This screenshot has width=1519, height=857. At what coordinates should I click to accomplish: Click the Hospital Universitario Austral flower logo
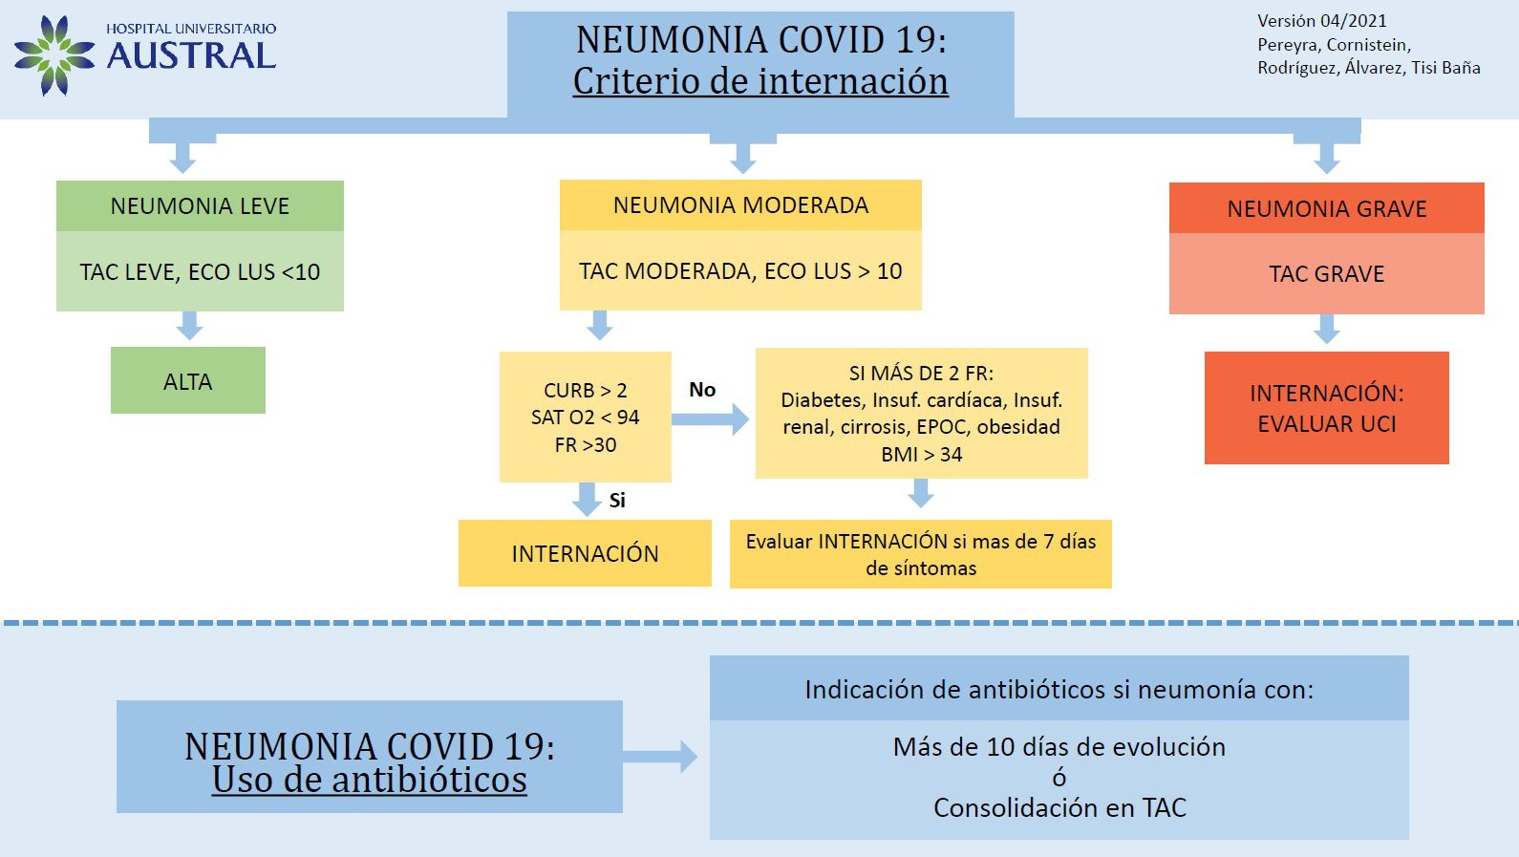tap(53, 55)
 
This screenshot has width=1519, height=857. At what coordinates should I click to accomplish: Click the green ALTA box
tap(188, 381)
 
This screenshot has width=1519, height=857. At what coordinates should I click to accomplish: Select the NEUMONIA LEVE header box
tap(200, 206)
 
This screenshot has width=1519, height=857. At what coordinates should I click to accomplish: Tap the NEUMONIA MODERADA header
tap(740, 205)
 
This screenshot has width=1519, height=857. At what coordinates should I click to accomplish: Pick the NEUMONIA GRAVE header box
tap(1326, 208)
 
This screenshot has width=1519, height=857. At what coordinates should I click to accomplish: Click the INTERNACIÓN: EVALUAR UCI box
tap(1326, 408)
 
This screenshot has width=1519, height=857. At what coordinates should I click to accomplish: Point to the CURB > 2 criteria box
tap(585, 418)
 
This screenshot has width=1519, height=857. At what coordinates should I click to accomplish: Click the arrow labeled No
tap(710, 418)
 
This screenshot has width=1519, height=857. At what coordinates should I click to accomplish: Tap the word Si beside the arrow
tap(617, 501)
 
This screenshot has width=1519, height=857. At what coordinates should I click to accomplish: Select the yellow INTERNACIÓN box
tap(585, 553)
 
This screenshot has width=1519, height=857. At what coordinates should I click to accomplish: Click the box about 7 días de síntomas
tap(920, 554)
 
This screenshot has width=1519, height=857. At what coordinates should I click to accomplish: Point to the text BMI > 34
tap(921, 455)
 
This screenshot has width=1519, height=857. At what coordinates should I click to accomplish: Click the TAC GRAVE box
tap(1326, 274)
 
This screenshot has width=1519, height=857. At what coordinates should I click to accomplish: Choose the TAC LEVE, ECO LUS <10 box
tap(200, 272)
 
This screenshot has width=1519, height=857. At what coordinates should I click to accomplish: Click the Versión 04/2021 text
tap(1321, 21)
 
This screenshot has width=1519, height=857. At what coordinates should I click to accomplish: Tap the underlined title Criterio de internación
tap(760, 81)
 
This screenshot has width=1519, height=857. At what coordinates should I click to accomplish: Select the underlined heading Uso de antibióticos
tap(369, 780)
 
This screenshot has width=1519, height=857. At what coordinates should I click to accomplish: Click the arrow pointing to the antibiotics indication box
tap(660, 757)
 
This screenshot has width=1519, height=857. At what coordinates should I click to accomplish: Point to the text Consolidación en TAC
tap(1059, 808)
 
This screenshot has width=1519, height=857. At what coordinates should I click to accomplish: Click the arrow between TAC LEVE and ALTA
tap(189, 326)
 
